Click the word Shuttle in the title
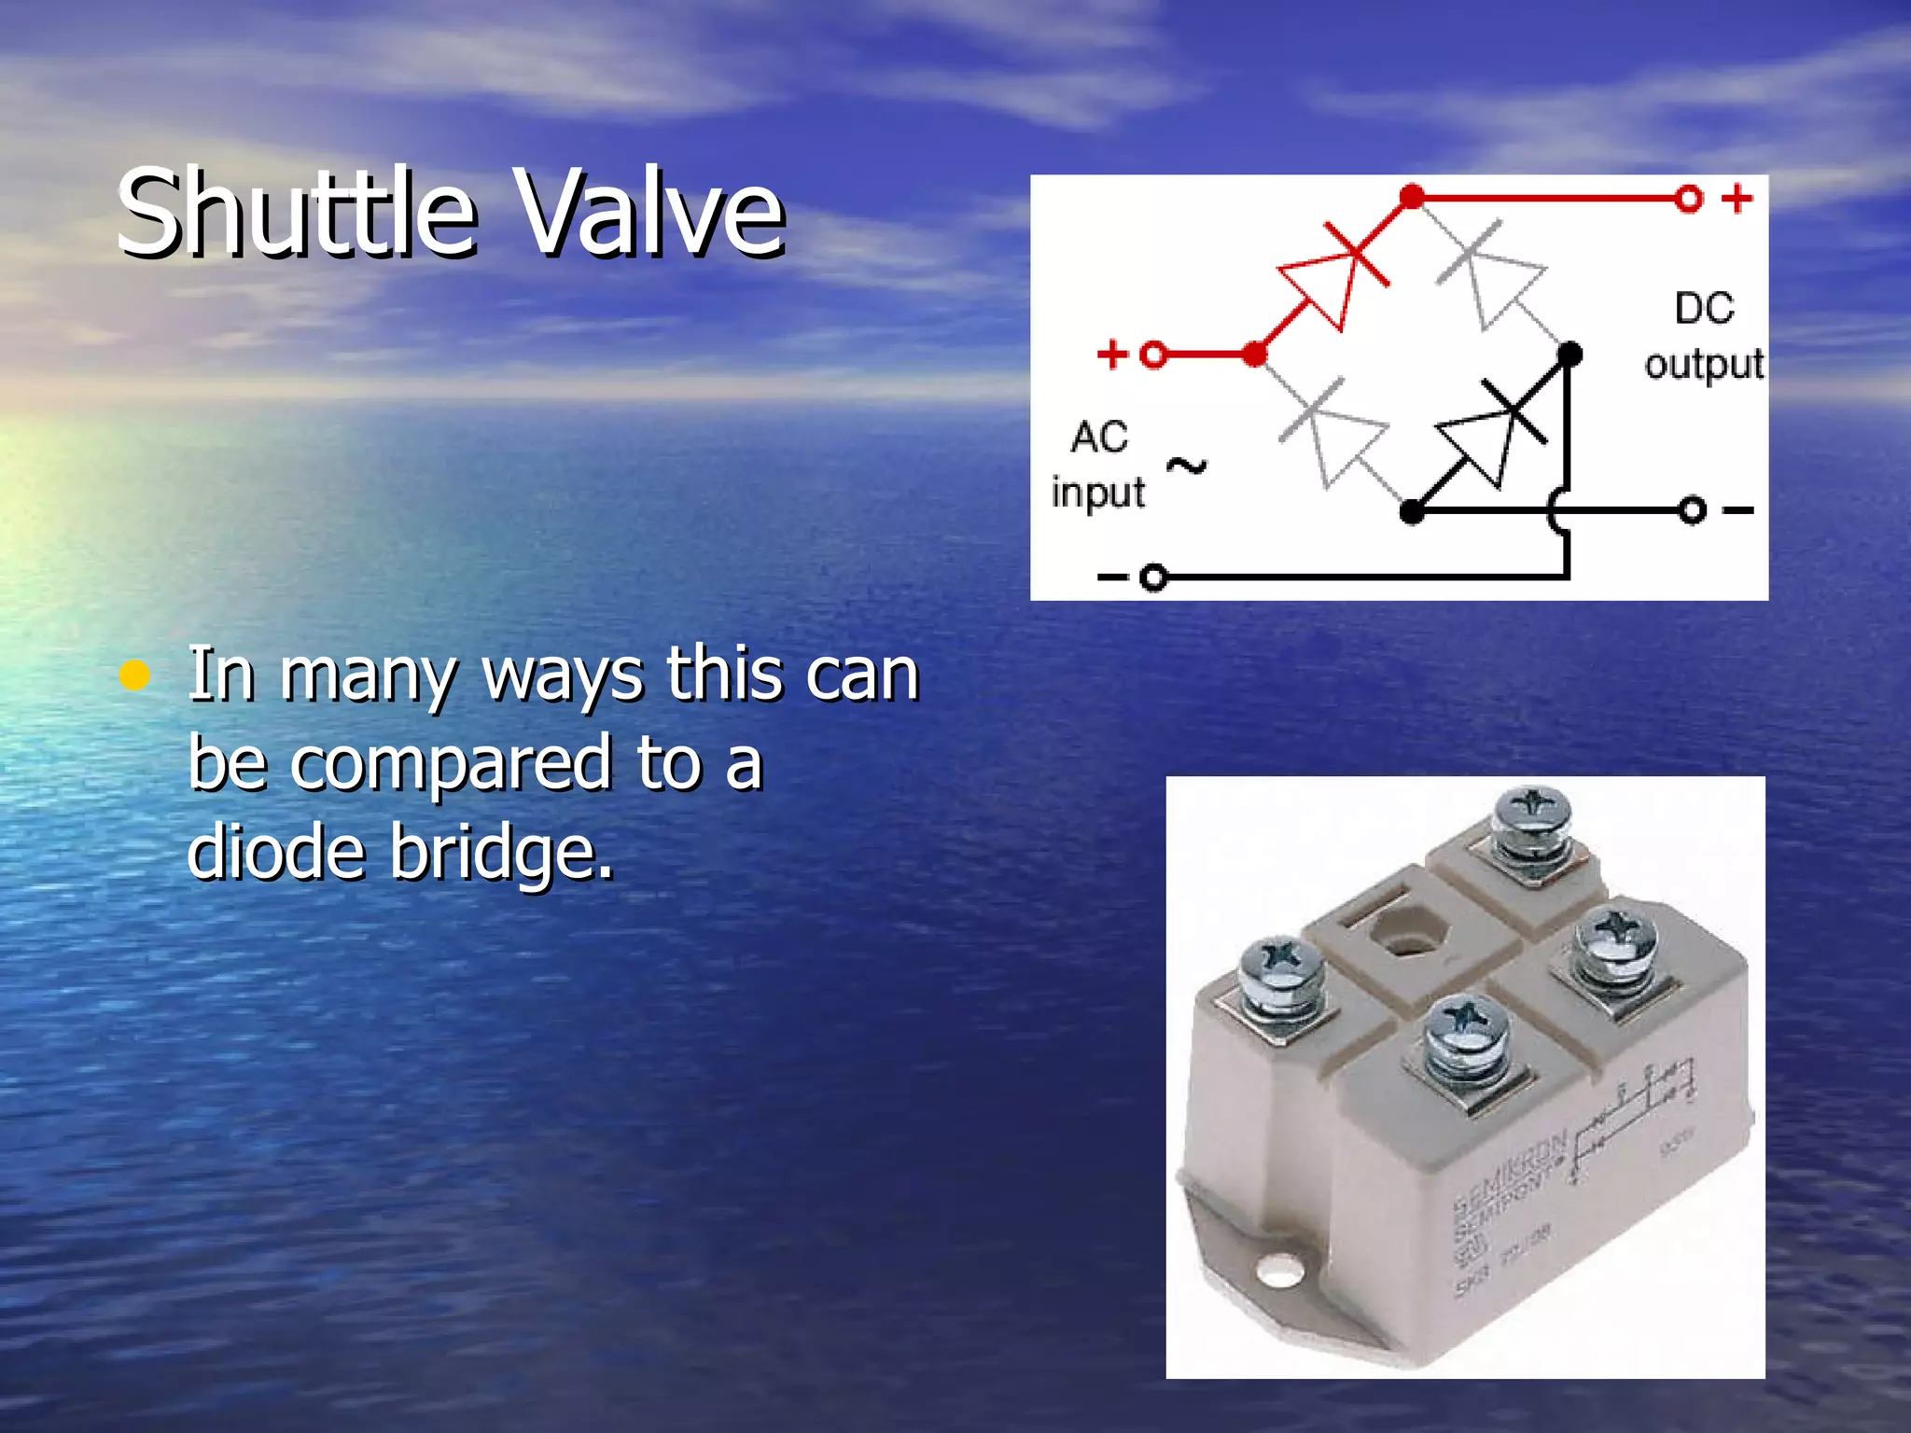coord(297,213)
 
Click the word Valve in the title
coord(651,213)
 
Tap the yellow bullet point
coord(135,675)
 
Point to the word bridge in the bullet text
coord(501,853)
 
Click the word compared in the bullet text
coord(453,764)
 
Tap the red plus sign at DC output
coord(1737,198)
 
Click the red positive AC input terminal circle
coord(1154,355)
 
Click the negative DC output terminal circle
coord(1693,510)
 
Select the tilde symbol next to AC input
coord(1187,466)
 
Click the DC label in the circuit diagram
coord(1704,308)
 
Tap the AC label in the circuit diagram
coord(1099,437)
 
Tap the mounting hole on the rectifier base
coord(1280,1269)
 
